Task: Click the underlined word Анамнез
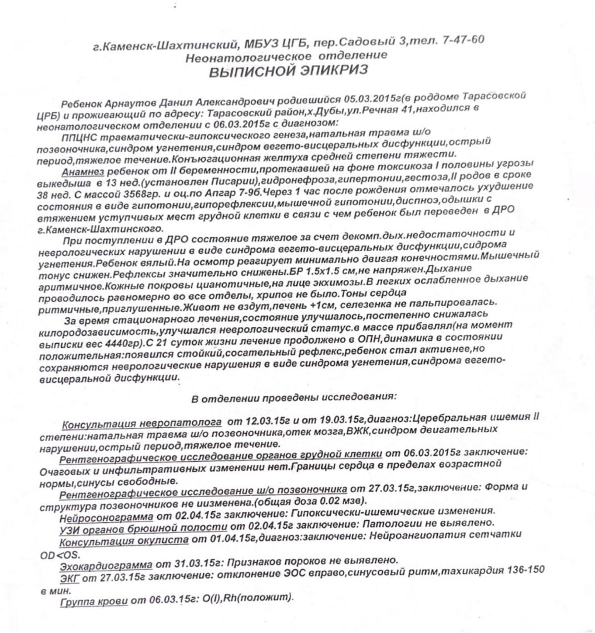[x=83, y=172]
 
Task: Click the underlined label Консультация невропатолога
[x=141, y=424]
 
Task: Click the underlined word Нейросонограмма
[x=106, y=517]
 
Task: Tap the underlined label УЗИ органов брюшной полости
[x=143, y=529]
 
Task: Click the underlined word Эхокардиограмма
[x=106, y=565]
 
